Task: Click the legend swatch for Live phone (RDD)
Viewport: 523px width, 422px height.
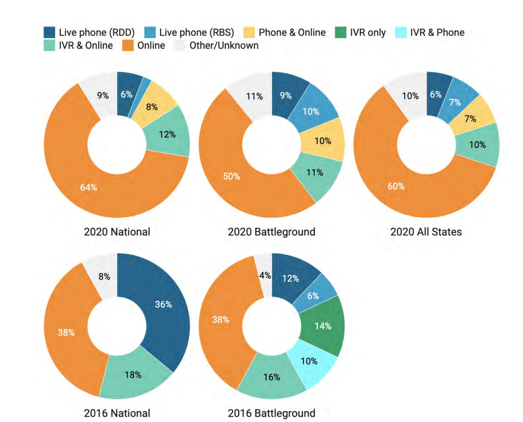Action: click(50, 32)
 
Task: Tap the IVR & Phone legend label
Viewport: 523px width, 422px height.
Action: click(437, 32)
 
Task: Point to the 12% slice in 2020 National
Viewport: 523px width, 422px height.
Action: click(167, 134)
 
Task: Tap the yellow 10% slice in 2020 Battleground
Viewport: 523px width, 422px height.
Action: click(323, 141)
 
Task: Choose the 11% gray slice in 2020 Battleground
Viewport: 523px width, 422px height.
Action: click(254, 96)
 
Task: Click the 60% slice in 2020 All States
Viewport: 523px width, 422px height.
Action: click(396, 186)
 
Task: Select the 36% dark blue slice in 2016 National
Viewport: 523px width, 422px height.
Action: click(163, 305)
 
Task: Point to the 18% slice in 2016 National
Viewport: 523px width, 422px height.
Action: click(133, 375)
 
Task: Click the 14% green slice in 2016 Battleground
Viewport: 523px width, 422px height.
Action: click(323, 326)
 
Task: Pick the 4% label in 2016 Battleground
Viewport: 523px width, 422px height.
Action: click(265, 276)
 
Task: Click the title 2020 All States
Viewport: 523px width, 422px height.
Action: click(426, 232)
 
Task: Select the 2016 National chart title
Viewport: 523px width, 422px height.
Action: click(117, 413)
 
